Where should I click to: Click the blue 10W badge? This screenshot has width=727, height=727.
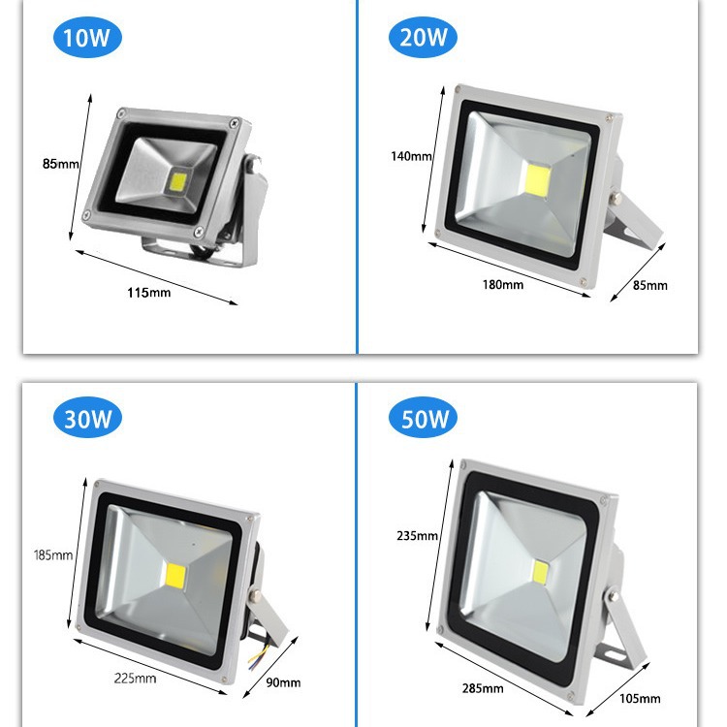[87, 38]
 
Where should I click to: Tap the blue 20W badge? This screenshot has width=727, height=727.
[423, 37]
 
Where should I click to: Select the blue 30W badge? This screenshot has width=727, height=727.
[87, 418]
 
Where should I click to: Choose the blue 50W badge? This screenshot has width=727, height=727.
[423, 417]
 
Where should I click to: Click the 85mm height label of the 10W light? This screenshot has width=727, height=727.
[61, 164]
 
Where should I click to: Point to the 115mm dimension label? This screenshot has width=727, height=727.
[149, 293]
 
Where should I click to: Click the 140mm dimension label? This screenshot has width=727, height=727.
[411, 156]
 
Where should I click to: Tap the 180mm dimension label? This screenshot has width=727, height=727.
[503, 284]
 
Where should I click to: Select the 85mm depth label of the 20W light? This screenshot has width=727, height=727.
[650, 285]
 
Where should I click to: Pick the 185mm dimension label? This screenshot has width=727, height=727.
[53, 555]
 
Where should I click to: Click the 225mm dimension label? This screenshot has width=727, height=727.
[135, 679]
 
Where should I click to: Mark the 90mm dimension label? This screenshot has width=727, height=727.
[283, 682]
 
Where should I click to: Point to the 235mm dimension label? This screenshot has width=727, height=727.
[417, 536]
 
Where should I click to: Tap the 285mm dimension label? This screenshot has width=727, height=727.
[483, 688]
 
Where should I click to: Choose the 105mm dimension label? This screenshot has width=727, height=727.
[640, 699]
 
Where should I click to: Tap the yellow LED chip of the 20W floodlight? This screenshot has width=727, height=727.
[538, 180]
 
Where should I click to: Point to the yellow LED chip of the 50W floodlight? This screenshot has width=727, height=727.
[540, 573]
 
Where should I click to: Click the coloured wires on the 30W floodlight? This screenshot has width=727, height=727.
[258, 653]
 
